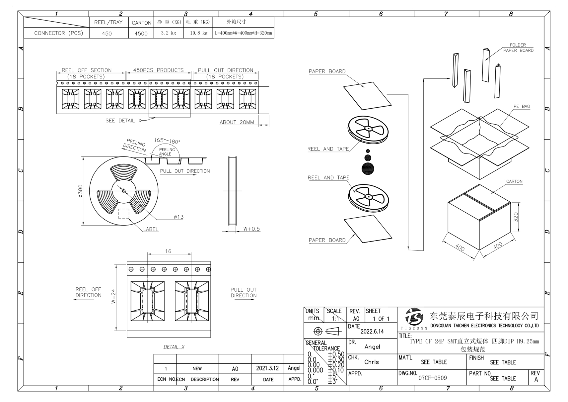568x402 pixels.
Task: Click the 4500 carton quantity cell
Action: [x=141, y=34]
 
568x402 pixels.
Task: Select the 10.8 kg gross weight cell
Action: [x=198, y=33]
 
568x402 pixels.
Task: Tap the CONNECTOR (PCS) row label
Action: [x=58, y=33]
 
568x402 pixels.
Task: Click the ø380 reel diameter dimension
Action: [x=81, y=191]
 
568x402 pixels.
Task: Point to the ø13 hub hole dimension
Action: [x=178, y=217]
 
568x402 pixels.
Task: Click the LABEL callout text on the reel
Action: [x=151, y=229]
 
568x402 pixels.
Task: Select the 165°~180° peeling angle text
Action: [x=167, y=141]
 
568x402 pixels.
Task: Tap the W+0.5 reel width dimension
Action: [x=251, y=229]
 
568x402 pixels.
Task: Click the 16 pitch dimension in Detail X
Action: [x=168, y=251]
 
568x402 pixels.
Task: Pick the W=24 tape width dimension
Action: [x=113, y=296]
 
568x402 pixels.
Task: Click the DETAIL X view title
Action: [x=174, y=347]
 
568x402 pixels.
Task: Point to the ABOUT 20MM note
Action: [x=237, y=122]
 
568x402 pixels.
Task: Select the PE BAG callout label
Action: [x=522, y=107]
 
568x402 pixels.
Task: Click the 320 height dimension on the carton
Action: [x=516, y=217]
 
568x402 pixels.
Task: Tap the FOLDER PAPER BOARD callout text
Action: [x=518, y=48]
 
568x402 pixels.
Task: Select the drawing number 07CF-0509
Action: [x=432, y=378]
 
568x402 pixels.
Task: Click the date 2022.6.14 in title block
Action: [x=372, y=332]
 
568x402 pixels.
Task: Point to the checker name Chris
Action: [x=371, y=362]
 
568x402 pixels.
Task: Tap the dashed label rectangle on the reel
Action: [x=123, y=213]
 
